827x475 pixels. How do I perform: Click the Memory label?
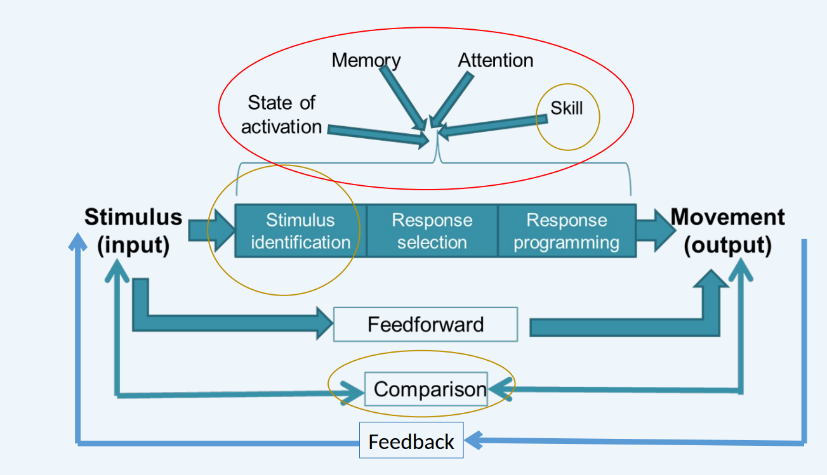pyautogui.click(x=366, y=60)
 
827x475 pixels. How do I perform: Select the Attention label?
pyautogui.click(x=496, y=60)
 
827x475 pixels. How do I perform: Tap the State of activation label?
pyautogui.click(x=281, y=114)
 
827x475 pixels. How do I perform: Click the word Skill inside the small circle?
pyautogui.click(x=566, y=108)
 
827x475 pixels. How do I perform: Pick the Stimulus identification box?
pyautogui.click(x=300, y=231)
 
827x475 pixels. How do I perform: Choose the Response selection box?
pyautogui.click(x=432, y=231)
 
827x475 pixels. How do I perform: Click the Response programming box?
pyautogui.click(x=566, y=231)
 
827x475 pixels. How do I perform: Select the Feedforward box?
pyautogui.click(x=425, y=324)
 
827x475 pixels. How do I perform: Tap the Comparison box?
pyautogui.click(x=430, y=389)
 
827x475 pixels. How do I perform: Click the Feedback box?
pyautogui.click(x=411, y=441)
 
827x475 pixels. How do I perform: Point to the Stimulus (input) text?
pyautogui.click(x=133, y=231)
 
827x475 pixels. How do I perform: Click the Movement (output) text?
pyautogui.click(x=728, y=231)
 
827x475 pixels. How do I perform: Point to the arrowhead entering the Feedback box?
pyautogui.click(x=473, y=439)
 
